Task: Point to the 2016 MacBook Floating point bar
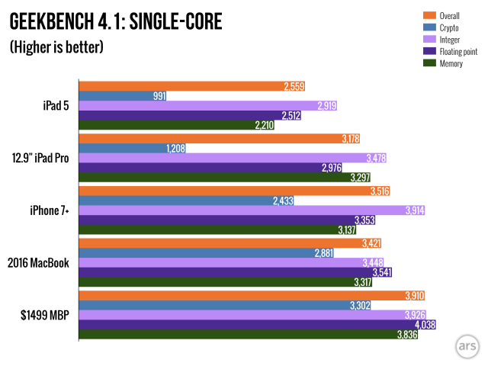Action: pos(229,272)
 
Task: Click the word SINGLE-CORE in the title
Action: pos(171,21)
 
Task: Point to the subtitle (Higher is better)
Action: pos(56,47)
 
